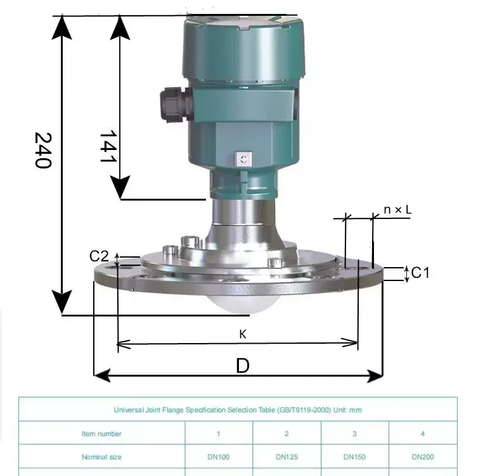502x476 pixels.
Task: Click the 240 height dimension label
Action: click(43, 150)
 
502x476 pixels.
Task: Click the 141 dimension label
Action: click(108, 146)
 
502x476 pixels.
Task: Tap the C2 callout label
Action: click(99, 256)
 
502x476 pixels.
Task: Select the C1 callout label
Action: click(420, 273)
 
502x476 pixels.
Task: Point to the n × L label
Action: click(397, 210)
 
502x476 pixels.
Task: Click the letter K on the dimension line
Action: click(243, 334)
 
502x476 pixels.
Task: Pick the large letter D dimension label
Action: click(243, 365)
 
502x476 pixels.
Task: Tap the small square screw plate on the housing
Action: click(243, 159)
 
